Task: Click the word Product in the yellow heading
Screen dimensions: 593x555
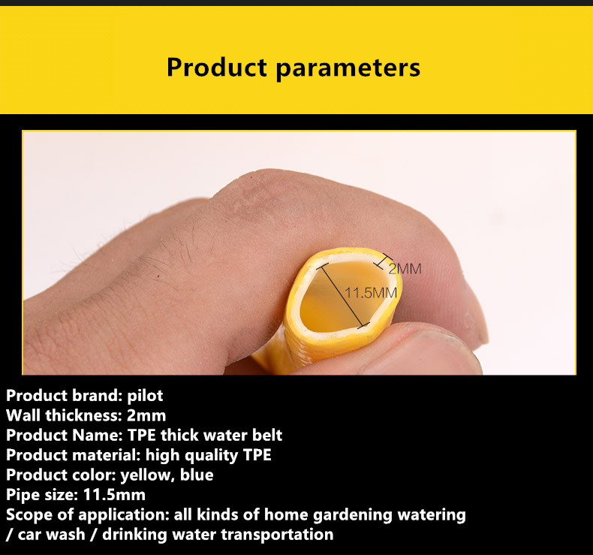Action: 217,68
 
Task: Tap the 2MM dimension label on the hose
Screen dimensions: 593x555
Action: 405,269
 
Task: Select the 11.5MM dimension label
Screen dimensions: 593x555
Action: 371,293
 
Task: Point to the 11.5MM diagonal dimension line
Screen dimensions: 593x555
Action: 343,295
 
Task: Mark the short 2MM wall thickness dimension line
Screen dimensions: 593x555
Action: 383,261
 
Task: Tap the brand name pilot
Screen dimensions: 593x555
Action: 145,396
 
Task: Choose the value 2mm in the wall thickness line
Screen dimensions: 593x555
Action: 146,415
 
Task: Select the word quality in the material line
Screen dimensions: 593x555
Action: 212,456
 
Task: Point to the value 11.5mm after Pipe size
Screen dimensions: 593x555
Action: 114,495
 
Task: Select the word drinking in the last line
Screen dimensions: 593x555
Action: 134,535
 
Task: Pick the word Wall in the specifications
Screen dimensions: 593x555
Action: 23,415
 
